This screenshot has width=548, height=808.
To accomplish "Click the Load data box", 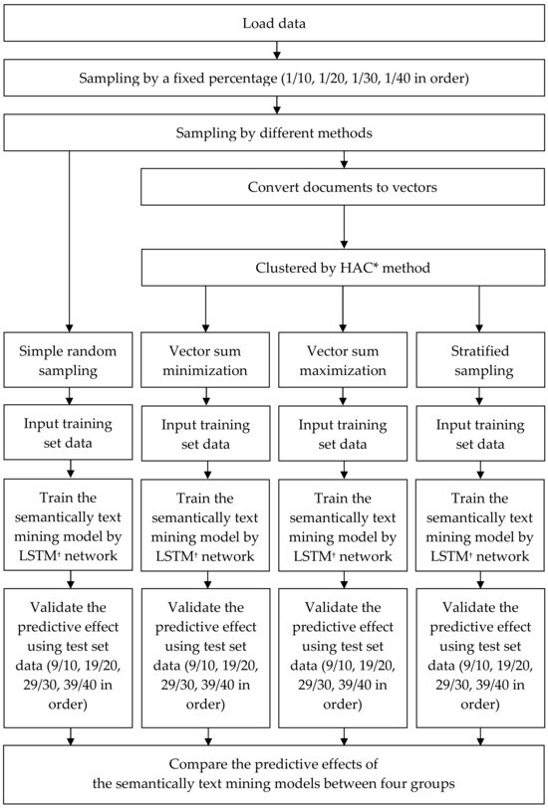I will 274,22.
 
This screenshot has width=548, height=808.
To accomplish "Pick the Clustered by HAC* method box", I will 343,267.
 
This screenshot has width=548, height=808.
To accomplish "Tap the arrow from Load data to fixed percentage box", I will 274,50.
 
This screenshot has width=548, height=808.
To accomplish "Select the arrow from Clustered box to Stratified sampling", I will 479,310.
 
